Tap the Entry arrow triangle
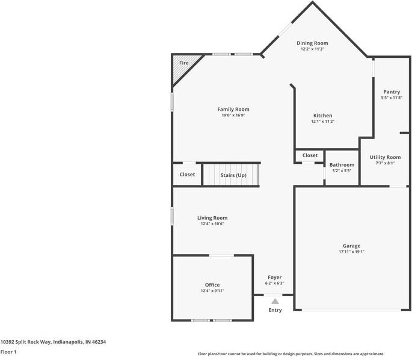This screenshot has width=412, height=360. coord(275,301)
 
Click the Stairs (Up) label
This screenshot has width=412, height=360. coord(233,175)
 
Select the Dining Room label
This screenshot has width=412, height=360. coord(313,43)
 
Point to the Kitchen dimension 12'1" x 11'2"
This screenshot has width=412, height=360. coord(322,122)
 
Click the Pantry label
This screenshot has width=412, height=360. coord(392,92)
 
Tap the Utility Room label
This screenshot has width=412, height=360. coord(385,157)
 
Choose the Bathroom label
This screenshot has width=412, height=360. coord(342,165)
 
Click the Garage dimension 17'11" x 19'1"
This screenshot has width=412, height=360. coord(352,252)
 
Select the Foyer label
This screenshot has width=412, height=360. coord(274,278)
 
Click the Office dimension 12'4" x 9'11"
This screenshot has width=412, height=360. coord(212,291)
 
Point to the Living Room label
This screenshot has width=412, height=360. coord(212,218)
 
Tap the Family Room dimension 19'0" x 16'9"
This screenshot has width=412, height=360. coord(233,116)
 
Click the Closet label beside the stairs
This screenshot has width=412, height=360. coord(187,175)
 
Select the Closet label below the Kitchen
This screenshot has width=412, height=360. coord(310,155)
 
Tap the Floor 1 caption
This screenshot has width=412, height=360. coord(8,352)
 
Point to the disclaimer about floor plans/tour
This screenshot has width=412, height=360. coord(291,354)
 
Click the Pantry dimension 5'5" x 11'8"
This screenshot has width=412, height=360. coord(392,98)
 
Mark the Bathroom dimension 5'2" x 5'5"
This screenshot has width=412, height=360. coord(342,171)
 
